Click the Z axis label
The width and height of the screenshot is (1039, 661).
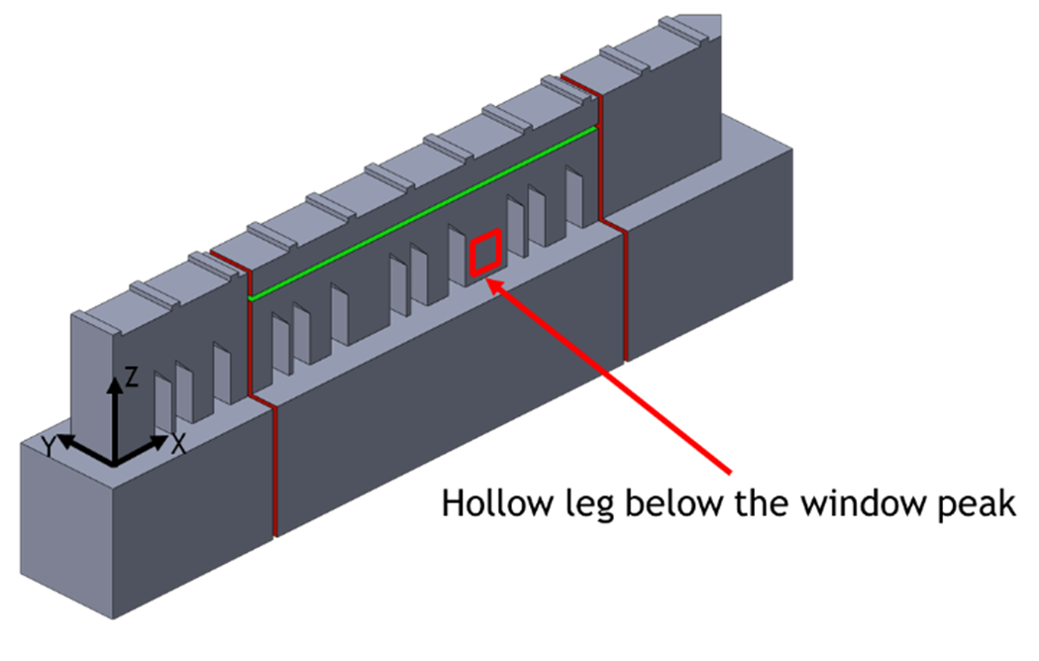[x=131, y=378]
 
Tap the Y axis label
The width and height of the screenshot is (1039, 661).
[x=49, y=447]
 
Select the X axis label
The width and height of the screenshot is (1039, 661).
[x=178, y=444]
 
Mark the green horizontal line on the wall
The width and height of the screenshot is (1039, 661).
[x=423, y=213]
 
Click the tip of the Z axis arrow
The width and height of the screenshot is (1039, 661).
[x=115, y=378]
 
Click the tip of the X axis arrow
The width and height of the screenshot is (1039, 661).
[x=168, y=438]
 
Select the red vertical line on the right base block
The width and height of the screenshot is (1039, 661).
[x=625, y=296]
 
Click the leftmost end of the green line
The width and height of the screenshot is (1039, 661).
[x=251, y=298]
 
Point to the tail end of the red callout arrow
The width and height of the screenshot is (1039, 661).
[x=730, y=473]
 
